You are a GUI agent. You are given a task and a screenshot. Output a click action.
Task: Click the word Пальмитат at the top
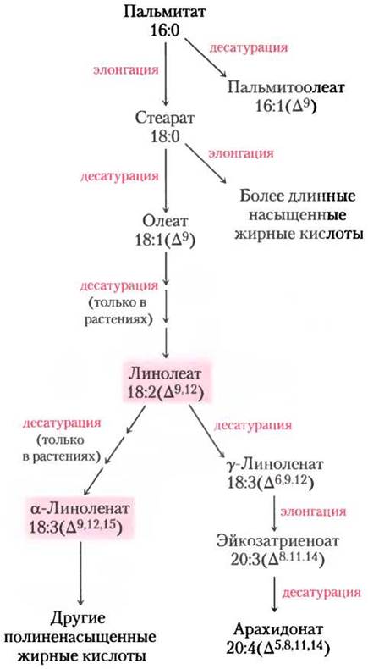[x=167, y=12]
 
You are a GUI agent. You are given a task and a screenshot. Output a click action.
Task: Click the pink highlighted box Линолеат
[x=167, y=382]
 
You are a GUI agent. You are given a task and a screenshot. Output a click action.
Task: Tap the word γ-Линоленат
[x=276, y=464]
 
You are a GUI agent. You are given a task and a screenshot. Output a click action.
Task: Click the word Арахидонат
[x=279, y=629]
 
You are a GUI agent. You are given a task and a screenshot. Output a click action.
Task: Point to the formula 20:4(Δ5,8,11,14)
[x=280, y=648]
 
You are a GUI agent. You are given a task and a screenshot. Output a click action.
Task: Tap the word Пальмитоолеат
[x=286, y=88]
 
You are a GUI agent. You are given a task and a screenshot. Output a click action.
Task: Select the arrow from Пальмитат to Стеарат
[x=167, y=73]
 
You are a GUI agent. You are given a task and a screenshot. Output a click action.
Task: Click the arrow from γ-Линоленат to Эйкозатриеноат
[x=274, y=511]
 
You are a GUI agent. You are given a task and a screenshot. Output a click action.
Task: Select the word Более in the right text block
[x=257, y=196]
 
